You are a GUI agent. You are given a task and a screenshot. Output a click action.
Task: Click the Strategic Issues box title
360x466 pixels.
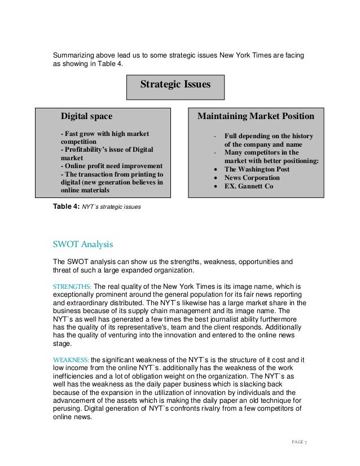point(175,85)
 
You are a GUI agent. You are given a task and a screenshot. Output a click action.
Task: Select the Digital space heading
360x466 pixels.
point(86,117)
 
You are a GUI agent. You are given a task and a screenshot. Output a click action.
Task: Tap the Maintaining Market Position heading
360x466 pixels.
point(255,117)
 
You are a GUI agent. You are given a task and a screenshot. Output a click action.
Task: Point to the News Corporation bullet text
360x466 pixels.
point(251,177)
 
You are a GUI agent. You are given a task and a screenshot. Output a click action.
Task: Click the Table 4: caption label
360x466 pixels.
point(67,207)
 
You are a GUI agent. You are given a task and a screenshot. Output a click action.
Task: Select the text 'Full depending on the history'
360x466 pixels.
point(268,136)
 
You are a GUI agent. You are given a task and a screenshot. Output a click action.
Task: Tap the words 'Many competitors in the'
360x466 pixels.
point(264,152)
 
